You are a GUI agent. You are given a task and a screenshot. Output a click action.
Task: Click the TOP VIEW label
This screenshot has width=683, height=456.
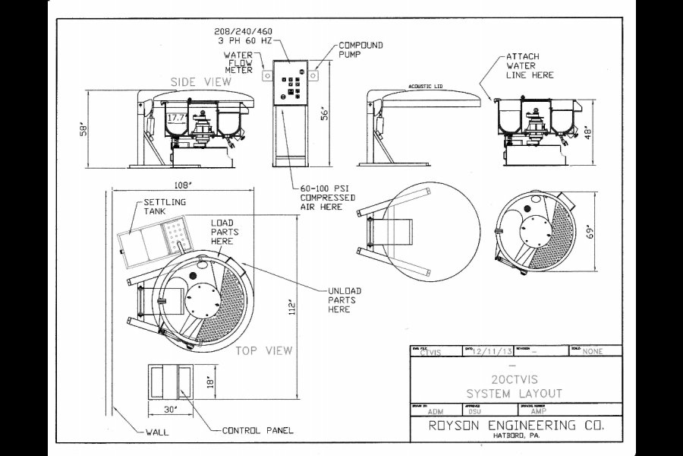click(263, 350)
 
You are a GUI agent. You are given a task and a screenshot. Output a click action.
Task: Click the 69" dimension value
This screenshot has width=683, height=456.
click(590, 233)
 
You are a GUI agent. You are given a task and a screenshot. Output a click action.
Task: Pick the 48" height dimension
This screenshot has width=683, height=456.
click(589, 131)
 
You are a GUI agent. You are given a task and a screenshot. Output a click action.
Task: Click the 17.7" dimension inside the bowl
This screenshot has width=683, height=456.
click(176, 118)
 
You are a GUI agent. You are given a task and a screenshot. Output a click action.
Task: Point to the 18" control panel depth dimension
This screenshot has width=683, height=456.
click(212, 381)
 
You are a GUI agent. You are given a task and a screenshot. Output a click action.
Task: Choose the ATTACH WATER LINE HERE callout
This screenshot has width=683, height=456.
click(530, 65)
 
